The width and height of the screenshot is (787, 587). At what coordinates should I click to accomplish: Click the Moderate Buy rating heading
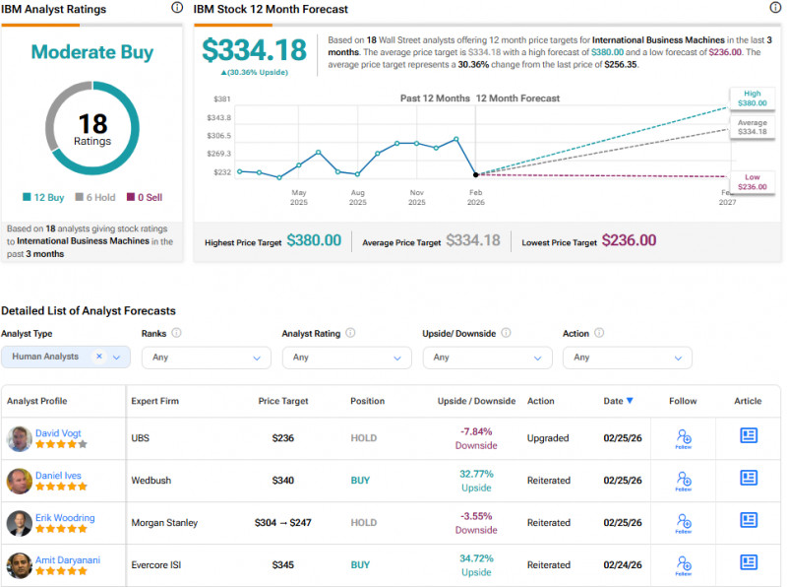pos(91,51)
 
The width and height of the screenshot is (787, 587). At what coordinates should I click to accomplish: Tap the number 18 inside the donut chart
pos(91,123)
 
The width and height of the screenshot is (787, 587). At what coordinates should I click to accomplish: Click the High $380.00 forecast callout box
pos(751,98)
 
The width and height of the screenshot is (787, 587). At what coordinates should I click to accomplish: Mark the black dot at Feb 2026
pos(476,173)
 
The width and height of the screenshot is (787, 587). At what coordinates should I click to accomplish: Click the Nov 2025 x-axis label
pos(417,197)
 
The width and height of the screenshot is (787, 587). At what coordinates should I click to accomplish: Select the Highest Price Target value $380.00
pos(314,240)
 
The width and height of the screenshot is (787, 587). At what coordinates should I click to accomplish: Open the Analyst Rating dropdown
pos(346,358)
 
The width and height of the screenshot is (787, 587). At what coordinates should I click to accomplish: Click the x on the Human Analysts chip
pos(99,357)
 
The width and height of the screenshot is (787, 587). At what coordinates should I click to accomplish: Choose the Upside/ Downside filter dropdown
pos(487,358)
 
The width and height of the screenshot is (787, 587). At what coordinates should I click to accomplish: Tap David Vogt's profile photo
pos(19,438)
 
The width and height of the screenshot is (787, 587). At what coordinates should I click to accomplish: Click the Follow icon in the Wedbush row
pos(683,481)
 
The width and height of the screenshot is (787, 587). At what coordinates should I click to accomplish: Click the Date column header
pos(618,401)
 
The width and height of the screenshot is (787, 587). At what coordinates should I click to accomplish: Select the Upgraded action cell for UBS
pos(548,438)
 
